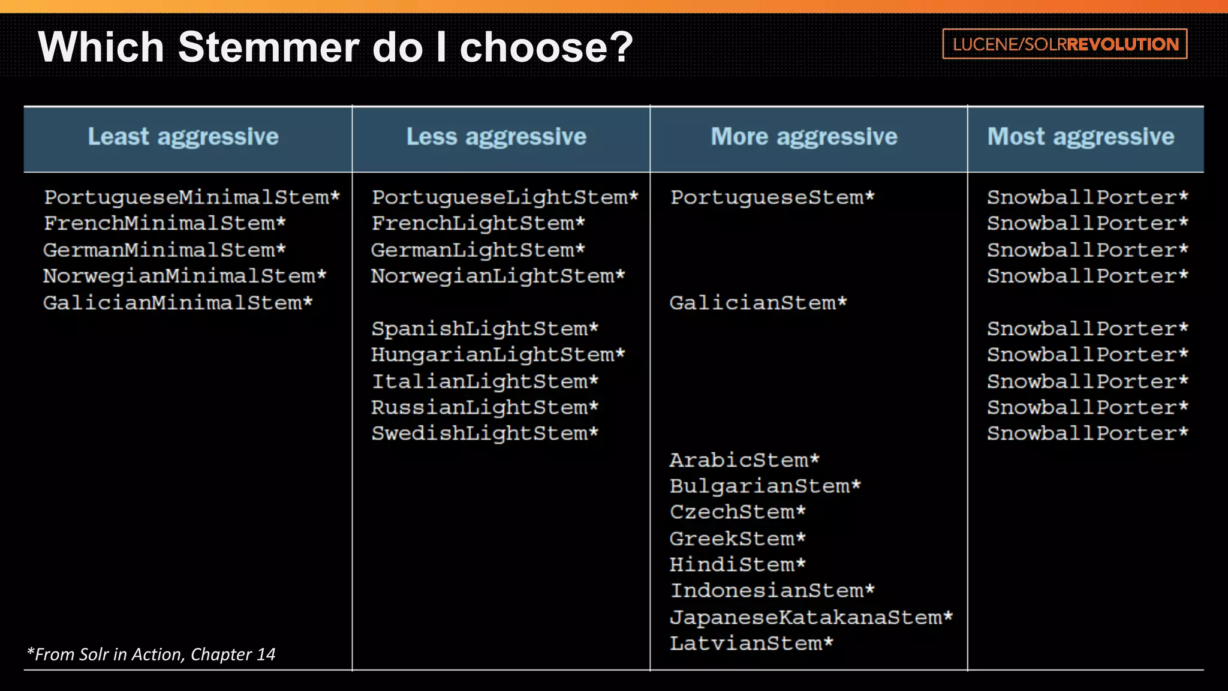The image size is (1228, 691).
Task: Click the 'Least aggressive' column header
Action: point(183,137)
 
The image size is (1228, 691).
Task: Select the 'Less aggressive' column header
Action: point(496,137)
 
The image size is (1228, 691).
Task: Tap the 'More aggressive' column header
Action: point(804,137)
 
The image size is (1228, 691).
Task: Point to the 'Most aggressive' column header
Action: point(1080,137)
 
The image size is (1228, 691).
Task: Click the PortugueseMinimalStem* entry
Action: point(192,197)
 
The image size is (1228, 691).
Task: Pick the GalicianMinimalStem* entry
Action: point(177,302)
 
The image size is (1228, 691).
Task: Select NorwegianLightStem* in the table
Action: point(498,276)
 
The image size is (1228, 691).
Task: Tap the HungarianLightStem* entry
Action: point(498,354)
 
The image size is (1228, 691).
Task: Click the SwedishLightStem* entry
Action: point(484,433)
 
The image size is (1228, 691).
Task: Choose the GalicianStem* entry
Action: point(758,302)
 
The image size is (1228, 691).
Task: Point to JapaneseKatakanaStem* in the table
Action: point(811,617)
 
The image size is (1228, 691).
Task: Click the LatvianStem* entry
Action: point(751,644)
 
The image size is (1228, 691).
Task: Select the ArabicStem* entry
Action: point(744,460)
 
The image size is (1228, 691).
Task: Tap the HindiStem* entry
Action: point(738,564)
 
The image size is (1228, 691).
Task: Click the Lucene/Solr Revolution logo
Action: point(1065,44)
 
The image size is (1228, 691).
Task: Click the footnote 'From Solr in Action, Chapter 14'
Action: point(151,654)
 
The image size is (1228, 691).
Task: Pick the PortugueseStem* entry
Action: point(772,197)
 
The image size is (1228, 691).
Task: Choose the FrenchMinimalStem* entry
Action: point(164,223)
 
